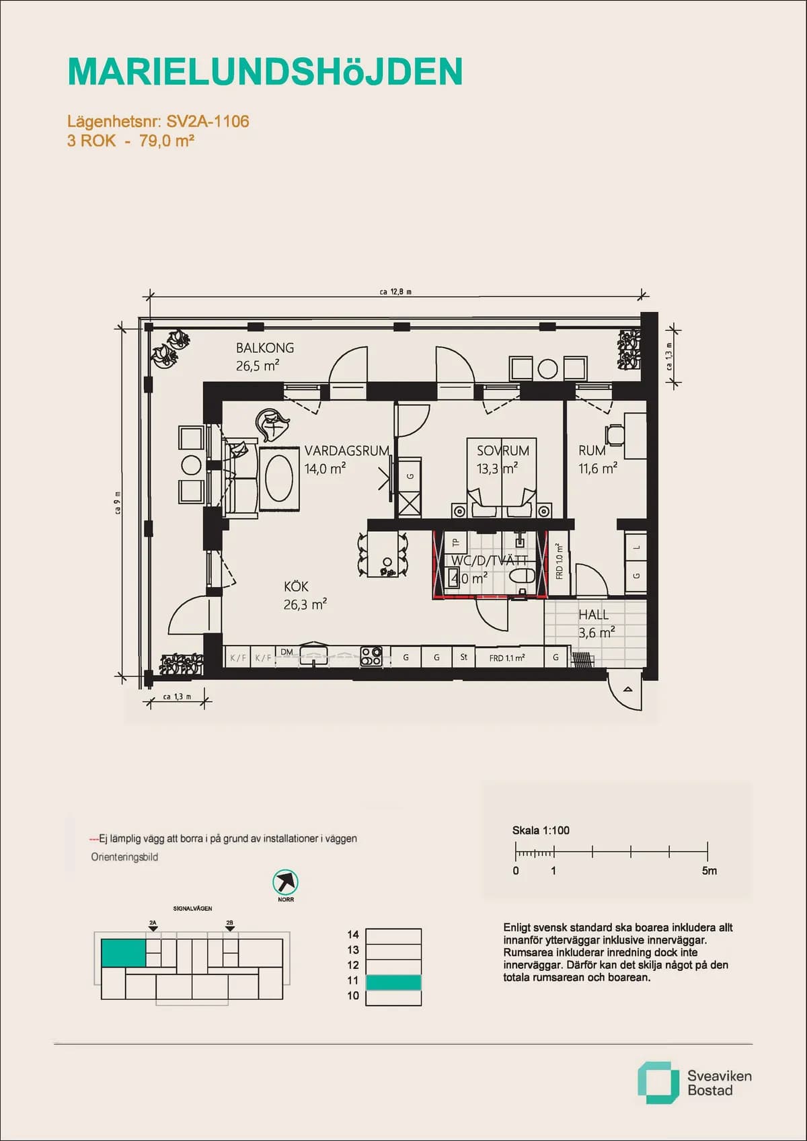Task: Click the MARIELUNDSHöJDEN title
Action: coord(265,72)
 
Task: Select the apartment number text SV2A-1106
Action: coord(208,122)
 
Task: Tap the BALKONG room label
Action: coord(264,348)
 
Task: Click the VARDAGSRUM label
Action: coord(346,451)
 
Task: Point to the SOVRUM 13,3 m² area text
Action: coord(497,469)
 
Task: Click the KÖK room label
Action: coord(296,587)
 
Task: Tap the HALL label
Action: coord(593,615)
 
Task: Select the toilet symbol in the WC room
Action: coord(522,576)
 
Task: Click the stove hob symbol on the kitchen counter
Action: coord(371,656)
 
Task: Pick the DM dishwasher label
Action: coord(287,652)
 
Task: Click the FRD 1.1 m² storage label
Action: coord(507,658)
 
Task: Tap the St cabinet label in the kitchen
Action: coord(464,657)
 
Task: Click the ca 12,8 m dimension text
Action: coord(395,292)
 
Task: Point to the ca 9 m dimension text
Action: coord(118,503)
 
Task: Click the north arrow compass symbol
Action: coord(286,881)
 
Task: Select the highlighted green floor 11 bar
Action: coord(393,982)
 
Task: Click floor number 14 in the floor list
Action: coord(353,935)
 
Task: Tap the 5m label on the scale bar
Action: coord(709,871)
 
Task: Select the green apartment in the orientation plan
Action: coord(123,953)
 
